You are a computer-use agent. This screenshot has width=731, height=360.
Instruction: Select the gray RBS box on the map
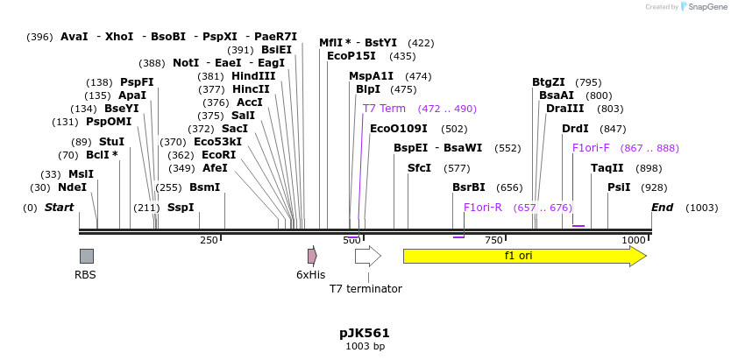[86, 256]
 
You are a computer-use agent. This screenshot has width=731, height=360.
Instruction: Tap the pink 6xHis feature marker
[312, 256]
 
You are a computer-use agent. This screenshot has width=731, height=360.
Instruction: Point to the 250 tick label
[209, 240]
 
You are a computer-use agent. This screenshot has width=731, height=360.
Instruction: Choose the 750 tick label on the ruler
[493, 240]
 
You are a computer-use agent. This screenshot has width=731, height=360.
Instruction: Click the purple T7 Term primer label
[384, 109]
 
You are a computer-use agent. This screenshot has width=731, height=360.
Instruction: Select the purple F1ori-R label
[483, 208]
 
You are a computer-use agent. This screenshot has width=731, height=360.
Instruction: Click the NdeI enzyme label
[73, 187]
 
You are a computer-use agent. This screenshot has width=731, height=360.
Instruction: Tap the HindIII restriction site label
[253, 76]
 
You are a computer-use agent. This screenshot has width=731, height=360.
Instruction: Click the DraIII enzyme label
[565, 109]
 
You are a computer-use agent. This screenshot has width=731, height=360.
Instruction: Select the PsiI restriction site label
[619, 187]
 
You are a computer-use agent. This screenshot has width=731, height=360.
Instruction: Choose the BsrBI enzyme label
[469, 187]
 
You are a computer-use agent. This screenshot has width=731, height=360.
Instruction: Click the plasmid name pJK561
[365, 333]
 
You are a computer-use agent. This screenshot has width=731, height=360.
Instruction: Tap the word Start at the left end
[60, 208]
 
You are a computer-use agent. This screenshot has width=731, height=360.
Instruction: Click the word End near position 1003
[662, 208]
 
